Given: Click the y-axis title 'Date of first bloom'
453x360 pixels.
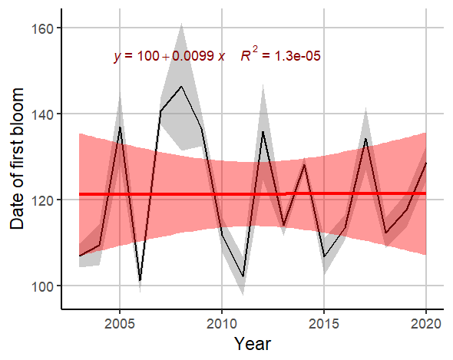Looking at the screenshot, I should (x=18, y=169).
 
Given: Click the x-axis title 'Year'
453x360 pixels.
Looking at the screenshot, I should (x=252, y=342).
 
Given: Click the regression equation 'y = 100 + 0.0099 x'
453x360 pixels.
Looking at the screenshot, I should (x=169, y=56).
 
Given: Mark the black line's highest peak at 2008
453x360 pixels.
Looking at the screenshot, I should (x=181, y=87).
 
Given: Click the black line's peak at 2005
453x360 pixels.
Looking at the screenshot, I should (x=120, y=127).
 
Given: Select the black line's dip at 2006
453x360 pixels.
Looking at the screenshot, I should (x=141, y=281).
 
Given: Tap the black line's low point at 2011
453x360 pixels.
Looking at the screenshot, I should (x=243, y=276).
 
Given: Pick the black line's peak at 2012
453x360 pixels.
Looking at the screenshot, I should (x=263, y=131).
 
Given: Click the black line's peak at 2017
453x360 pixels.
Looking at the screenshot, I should (x=365, y=138).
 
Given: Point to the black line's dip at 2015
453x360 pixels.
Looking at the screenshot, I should (x=324, y=256).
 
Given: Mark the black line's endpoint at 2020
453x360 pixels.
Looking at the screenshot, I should (x=425, y=163).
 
